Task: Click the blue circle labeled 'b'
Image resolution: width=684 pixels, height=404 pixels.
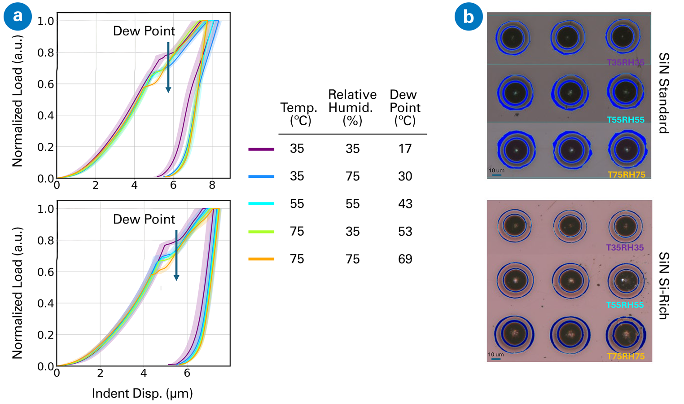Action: coord(469,17)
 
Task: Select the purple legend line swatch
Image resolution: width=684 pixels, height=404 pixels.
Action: coord(261,149)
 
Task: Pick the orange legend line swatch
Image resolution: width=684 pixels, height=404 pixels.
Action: coord(261,259)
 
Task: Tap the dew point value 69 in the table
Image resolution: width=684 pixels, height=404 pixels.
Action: coord(405,259)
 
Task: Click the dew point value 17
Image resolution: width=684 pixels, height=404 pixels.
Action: coord(405,149)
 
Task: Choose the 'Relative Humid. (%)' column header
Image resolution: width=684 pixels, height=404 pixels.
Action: coord(352,107)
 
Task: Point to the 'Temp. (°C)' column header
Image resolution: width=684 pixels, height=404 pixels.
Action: coord(299,114)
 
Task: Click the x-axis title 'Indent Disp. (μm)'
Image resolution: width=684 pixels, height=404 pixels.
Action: coord(142,394)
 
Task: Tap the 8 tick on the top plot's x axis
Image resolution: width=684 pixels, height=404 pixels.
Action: coord(212,185)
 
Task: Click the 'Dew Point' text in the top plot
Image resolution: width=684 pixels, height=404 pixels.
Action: coord(144,31)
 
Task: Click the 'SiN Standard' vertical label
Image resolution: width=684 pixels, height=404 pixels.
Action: coord(664,93)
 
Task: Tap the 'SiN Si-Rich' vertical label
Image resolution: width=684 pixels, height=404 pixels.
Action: coord(664,285)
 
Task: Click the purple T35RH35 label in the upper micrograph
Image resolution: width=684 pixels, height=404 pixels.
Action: coord(625,63)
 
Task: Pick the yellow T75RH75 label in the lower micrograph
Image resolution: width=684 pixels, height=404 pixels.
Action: coord(626,356)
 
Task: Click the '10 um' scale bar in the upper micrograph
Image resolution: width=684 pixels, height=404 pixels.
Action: coord(496,172)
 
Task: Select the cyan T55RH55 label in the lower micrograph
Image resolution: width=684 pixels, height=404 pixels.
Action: coord(625,305)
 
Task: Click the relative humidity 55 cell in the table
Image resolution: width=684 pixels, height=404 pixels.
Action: coord(352,204)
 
